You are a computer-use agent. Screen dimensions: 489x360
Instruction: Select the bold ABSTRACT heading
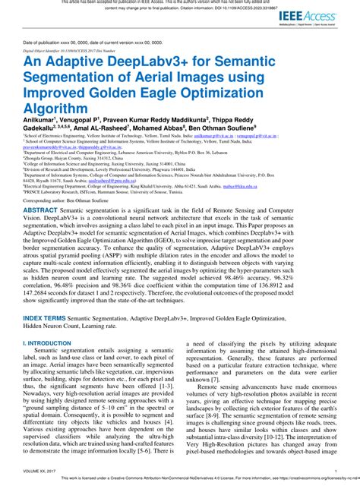coord(46,208)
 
